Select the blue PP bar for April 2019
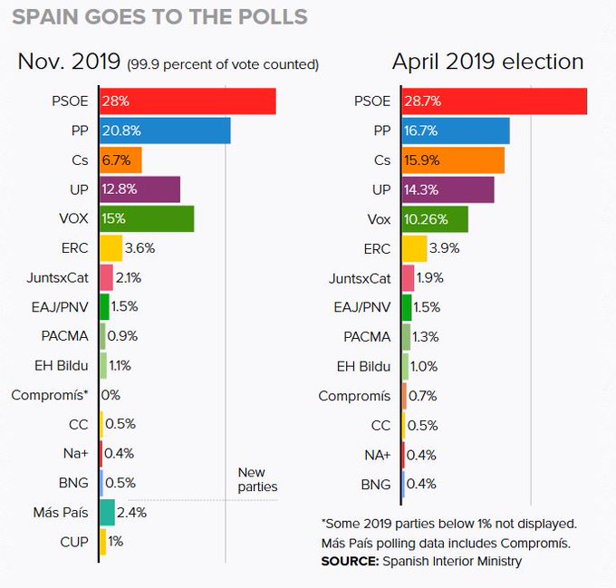[455, 130]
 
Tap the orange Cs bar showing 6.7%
[120, 159]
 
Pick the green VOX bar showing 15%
[147, 218]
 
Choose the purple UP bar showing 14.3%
[447, 189]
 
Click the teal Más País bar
[107, 512]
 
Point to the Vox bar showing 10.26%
[434, 218]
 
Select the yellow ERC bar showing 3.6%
[111, 247]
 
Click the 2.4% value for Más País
[132, 512]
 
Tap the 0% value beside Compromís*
[111, 395]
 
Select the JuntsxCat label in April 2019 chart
[360, 277]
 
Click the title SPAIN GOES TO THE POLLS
[159, 17]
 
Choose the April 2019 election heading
[487, 62]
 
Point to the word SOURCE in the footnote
[349, 561]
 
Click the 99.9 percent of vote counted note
[223, 64]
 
